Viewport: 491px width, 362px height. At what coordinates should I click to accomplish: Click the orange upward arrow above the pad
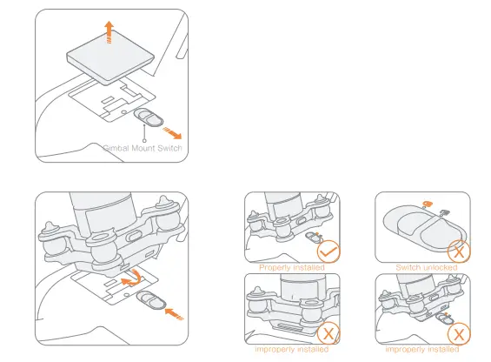108,31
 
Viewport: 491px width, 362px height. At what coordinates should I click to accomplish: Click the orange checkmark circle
328,251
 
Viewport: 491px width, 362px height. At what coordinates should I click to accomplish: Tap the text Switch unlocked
426,267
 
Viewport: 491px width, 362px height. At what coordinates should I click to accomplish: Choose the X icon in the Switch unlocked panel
458,251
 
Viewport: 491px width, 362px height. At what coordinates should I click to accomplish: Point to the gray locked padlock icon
444,211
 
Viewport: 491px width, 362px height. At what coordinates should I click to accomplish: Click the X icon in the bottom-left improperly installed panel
328,334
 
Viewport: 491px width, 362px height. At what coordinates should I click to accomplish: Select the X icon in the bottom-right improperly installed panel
458,334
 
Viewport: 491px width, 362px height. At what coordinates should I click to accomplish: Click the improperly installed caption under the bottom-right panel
422,350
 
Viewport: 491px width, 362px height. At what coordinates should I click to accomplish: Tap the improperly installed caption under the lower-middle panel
292,350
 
